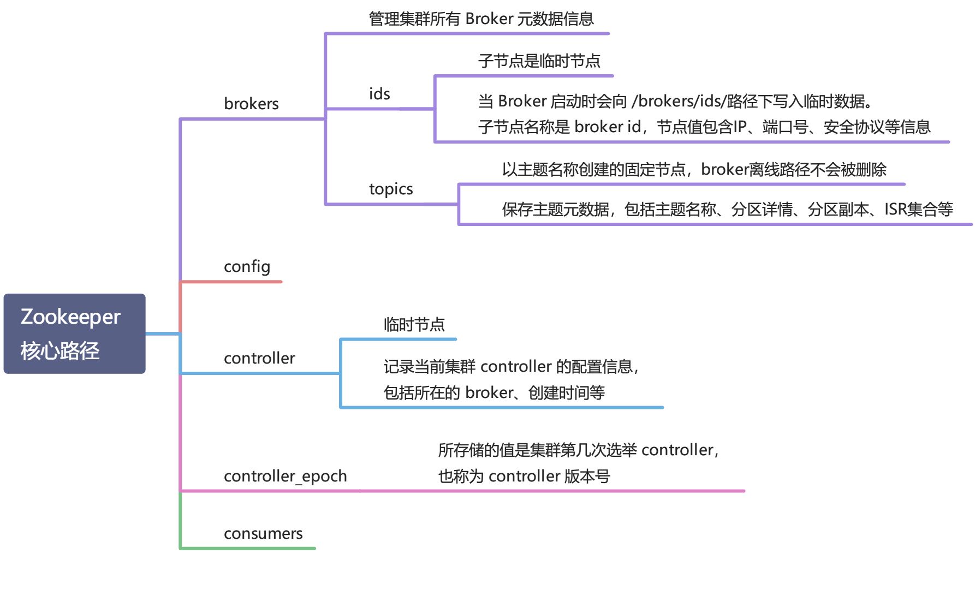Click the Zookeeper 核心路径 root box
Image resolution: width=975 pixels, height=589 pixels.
tap(74, 334)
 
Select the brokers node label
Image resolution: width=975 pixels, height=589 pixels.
tap(251, 104)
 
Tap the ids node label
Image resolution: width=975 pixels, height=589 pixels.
tap(379, 94)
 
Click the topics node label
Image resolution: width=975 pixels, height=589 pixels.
tap(391, 189)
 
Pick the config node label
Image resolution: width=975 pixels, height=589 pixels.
tap(247, 266)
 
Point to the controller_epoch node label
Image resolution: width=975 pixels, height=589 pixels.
tap(285, 476)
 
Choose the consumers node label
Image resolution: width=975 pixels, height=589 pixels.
tap(263, 533)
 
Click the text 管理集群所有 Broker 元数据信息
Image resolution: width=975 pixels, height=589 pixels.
tap(481, 19)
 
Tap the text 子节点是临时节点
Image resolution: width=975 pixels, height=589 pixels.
tap(539, 61)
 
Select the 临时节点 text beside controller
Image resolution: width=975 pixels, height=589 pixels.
tap(414, 325)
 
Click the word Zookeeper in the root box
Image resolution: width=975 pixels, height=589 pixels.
tap(70, 317)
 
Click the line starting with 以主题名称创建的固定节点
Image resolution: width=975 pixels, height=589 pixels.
tap(694, 170)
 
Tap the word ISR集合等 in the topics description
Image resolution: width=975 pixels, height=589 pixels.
tap(918, 209)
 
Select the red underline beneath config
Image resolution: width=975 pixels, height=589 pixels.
tap(231, 282)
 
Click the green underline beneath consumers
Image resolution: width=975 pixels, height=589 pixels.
tap(248, 548)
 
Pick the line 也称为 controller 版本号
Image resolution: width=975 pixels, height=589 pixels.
tap(524, 477)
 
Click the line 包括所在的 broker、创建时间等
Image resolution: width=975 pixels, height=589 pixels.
tap(494, 392)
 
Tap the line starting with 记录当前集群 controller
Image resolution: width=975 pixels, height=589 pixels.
tap(511, 366)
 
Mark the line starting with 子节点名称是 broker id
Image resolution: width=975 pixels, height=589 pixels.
tap(704, 127)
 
